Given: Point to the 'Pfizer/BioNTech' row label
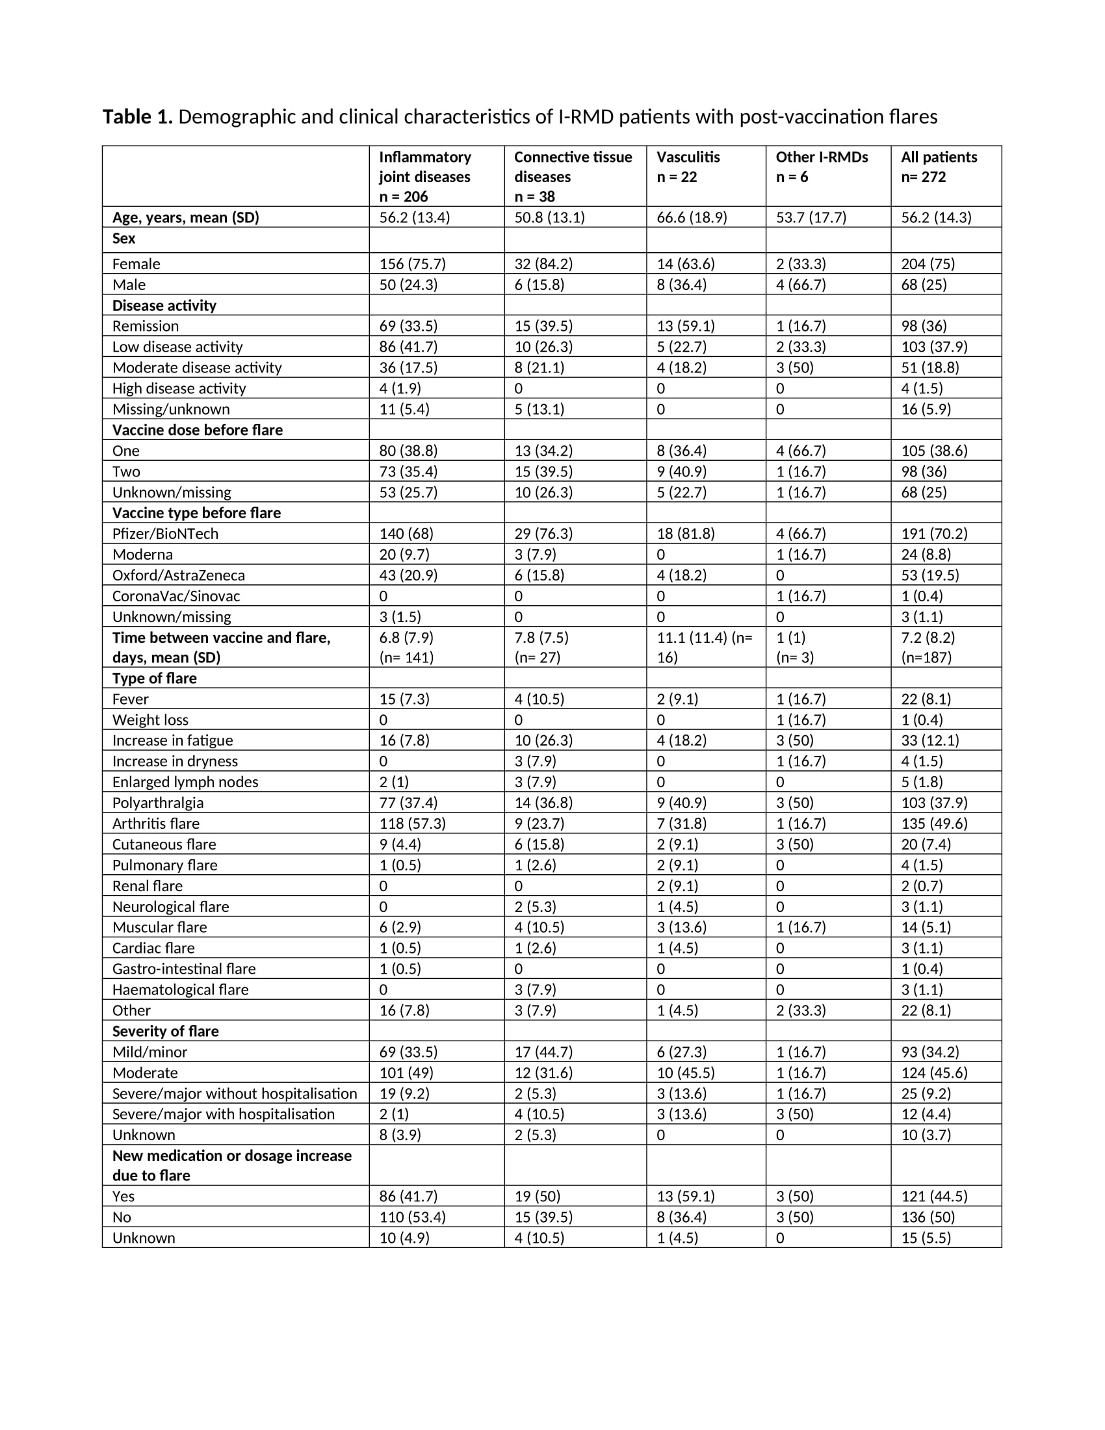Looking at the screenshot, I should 165,534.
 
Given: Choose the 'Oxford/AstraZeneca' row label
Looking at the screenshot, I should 178,575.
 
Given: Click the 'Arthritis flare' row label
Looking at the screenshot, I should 156,824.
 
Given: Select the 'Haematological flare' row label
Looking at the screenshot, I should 180,989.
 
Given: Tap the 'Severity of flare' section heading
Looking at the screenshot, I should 166,1032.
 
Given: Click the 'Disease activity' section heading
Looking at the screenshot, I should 164,305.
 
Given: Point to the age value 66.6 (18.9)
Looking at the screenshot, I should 692,217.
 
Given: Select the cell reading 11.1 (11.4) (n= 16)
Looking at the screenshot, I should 705,647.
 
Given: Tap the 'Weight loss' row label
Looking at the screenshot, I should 150,720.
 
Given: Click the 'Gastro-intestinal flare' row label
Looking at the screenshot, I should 184,969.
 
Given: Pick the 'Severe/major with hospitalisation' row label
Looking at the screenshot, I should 223,1114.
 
